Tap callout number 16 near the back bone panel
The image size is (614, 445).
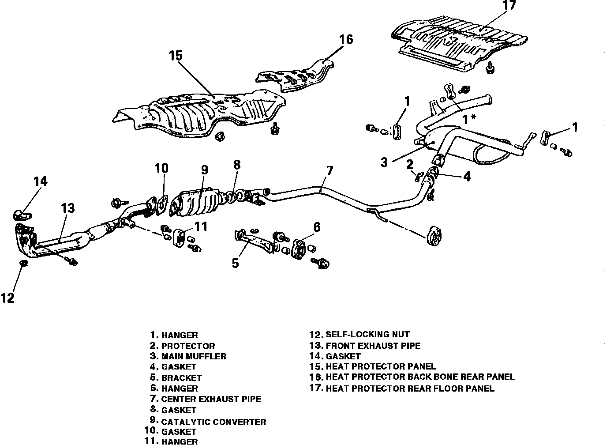346,40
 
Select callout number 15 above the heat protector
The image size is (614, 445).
175,56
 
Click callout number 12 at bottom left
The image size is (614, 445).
7,298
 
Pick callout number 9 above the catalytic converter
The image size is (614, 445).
204,170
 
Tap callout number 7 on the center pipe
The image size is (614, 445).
329,171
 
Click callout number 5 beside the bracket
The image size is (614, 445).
235,263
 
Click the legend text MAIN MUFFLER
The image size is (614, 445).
194,356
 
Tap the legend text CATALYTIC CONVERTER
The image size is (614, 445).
213,422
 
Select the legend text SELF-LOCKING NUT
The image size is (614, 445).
367,335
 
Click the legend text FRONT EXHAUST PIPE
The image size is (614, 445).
373,346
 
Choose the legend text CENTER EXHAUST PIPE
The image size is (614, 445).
211,399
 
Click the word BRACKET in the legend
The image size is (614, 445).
181,378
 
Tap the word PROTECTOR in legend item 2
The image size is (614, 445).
188,346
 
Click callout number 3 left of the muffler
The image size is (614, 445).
384,162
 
